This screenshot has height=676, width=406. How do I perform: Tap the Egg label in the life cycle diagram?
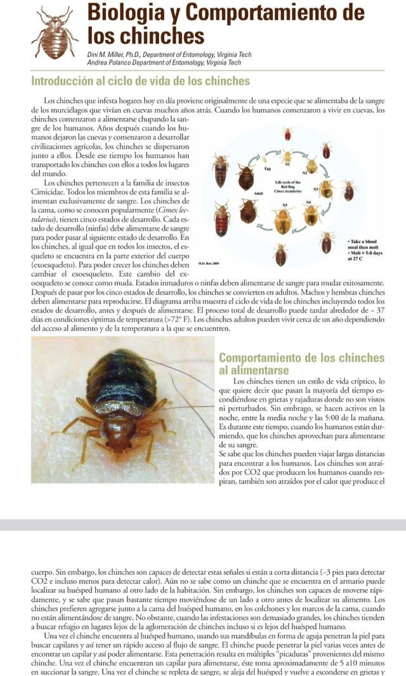[267, 170]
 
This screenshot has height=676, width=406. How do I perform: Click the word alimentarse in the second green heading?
[255, 370]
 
